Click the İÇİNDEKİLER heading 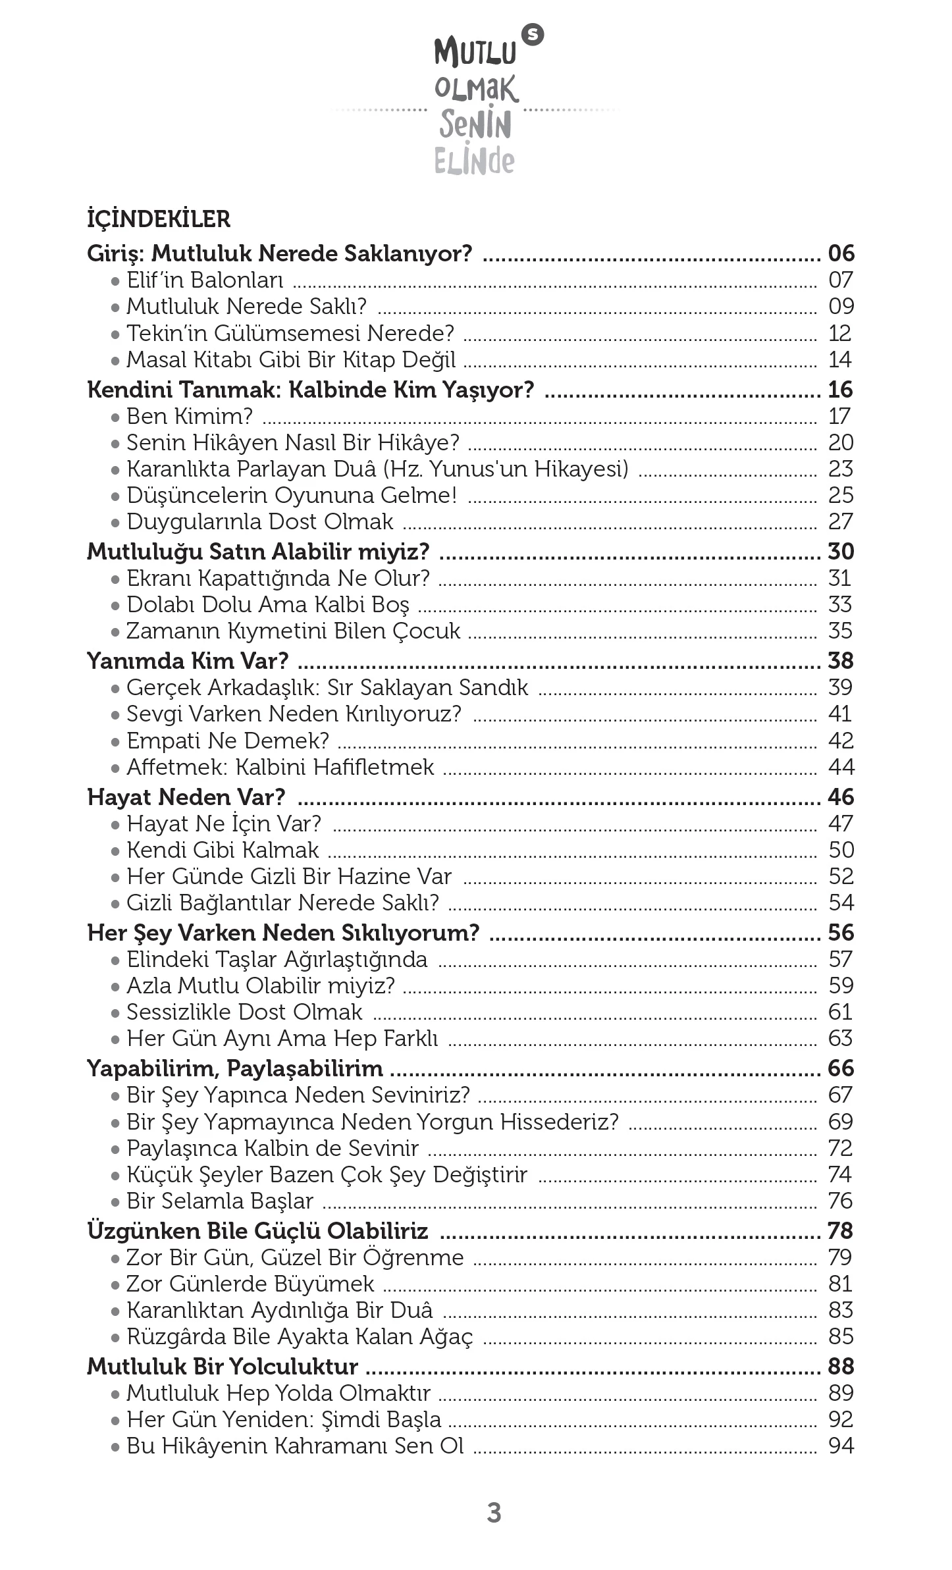click(159, 219)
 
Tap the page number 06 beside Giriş click(841, 253)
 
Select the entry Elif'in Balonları click(205, 280)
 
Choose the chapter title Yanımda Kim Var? click(188, 661)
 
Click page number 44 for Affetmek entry click(841, 767)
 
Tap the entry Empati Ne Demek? click(227, 741)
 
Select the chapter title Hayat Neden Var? click(186, 797)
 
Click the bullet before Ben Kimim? click(115, 417)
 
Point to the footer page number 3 click(494, 1513)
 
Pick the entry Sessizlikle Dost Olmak click(244, 1012)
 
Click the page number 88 click(841, 1367)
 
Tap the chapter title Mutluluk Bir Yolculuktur click(223, 1367)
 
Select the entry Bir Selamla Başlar click(220, 1201)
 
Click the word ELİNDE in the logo click(474, 160)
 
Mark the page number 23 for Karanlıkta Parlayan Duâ click(841, 469)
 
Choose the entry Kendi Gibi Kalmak click(223, 850)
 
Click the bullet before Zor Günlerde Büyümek click(115, 1285)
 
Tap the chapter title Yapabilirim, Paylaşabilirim click(235, 1068)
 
